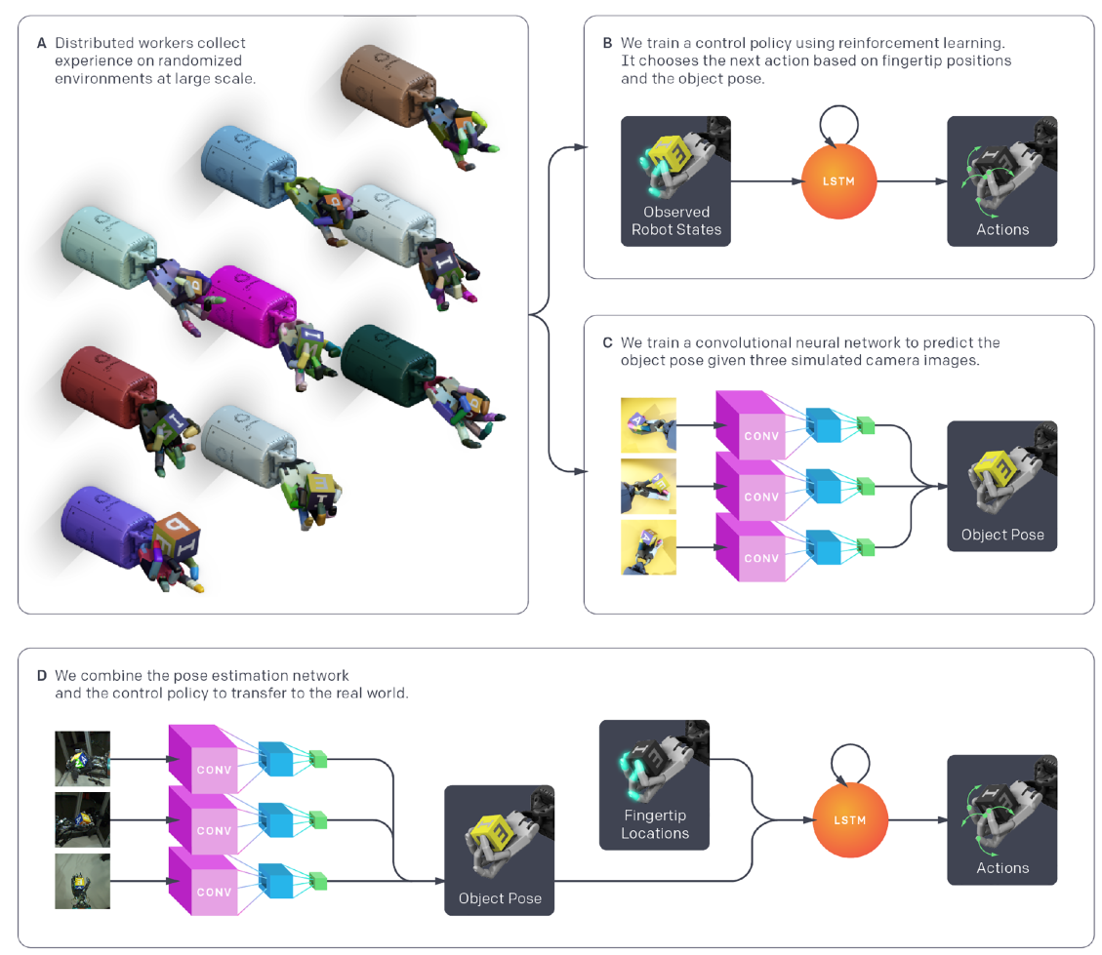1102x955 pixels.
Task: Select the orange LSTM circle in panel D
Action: click(850, 819)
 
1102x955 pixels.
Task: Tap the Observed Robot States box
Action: click(675, 181)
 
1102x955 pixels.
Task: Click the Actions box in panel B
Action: click(1001, 181)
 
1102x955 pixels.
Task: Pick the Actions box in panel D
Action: click(1001, 819)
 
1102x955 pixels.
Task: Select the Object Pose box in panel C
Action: click(1001, 486)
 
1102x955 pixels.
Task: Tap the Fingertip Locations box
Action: click(654, 784)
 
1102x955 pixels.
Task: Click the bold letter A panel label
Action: click(41, 44)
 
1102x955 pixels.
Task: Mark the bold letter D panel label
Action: click(41, 675)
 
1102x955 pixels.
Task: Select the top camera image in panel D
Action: click(83, 758)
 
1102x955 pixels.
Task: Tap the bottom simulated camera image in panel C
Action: click(648, 546)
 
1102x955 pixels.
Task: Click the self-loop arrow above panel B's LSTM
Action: click(839, 121)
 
